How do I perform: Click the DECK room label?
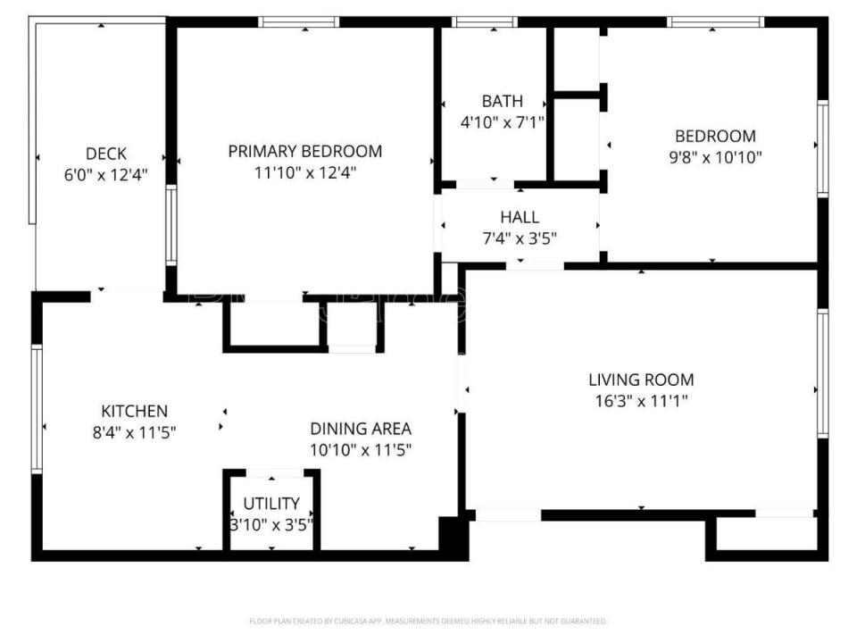106,154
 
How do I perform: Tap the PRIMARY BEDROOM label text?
304,151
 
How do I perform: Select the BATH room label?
502,101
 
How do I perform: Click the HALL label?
519,217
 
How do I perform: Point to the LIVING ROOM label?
640,380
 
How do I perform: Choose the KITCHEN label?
134,411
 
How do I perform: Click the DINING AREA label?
361,429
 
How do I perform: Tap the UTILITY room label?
271,504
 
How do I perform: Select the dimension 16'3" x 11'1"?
640,401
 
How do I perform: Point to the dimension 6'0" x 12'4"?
105,174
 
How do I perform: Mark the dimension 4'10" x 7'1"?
502,121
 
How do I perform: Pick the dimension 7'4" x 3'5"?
520,238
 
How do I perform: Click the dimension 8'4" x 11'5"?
134,432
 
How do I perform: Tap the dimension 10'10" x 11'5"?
361,450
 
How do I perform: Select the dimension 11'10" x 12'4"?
304,172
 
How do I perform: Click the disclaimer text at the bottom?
428,621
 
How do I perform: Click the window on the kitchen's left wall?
37,408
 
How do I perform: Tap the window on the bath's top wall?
486,21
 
